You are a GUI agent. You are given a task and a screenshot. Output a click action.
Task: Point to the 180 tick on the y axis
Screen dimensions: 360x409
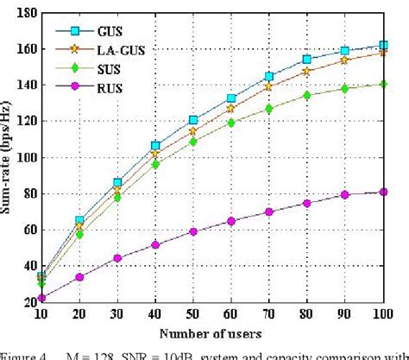click(x=25, y=14)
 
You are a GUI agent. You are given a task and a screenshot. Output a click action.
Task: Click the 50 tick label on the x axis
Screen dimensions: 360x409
click(x=192, y=314)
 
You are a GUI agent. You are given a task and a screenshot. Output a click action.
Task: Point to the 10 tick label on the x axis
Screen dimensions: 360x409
click(x=41, y=314)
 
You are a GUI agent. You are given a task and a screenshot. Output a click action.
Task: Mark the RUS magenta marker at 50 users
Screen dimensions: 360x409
click(x=193, y=231)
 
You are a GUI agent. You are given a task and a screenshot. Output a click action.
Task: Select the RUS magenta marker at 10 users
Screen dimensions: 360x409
click(x=41, y=297)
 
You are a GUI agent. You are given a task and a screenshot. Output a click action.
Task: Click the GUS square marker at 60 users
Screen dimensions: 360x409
click(x=231, y=98)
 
